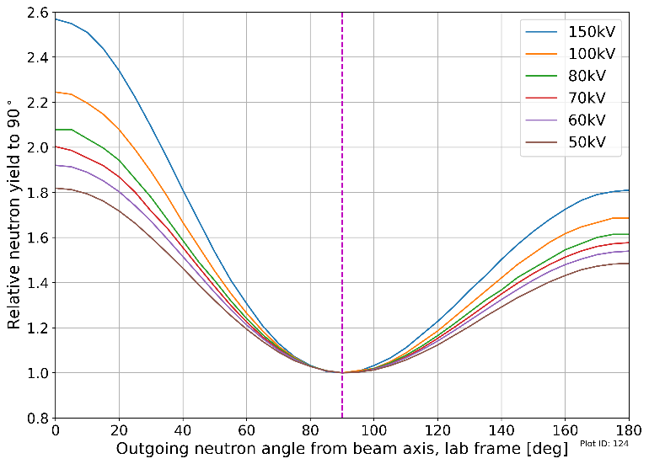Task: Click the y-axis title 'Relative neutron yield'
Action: click(x=14, y=215)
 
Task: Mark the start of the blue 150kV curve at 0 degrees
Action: click(x=56, y=19)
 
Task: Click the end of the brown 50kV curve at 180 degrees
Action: click(x=629, y=264)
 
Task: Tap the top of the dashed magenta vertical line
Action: click(x=342, y=13)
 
